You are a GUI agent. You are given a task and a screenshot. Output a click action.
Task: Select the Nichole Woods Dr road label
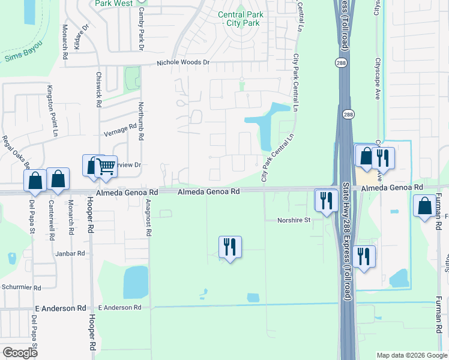[183, 62]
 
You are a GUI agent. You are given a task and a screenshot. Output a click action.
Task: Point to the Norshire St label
[294, 220]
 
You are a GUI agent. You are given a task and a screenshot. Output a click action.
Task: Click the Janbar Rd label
[71, 254]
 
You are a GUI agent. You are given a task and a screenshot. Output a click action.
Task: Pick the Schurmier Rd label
[20, 288]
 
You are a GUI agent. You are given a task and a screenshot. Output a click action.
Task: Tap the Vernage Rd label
[120, 129]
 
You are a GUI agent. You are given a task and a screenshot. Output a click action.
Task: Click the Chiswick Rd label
[98, 89]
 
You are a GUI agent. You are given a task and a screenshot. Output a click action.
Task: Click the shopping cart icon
[106, 166]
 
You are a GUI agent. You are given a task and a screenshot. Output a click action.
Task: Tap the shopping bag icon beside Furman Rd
[424, 206]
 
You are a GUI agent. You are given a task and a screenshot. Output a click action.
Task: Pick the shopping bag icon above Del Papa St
[35, 180]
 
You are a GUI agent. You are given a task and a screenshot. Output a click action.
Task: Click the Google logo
[20, 353]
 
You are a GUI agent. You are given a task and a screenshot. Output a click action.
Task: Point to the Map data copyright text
[411, 355]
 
